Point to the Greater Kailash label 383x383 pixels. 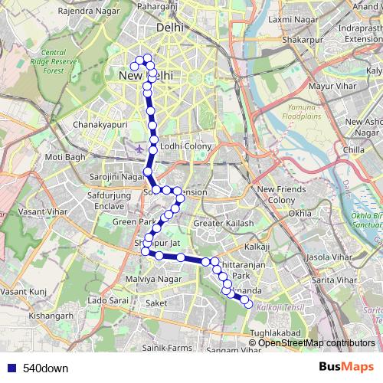(x=222, y=223)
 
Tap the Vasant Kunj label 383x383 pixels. (x=25, y=292)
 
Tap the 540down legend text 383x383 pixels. (x=44, y=368)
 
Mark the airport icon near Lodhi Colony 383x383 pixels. (x=138, y=148)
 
